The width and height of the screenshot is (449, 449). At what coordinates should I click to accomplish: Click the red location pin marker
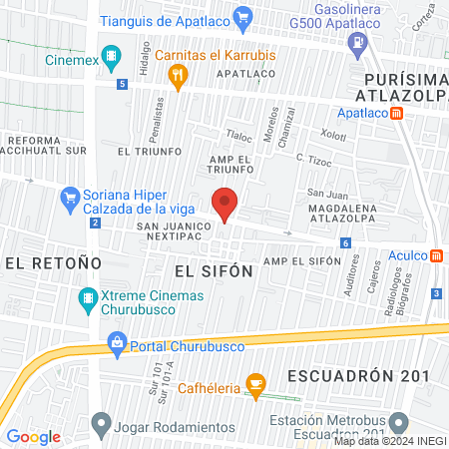point(225,204)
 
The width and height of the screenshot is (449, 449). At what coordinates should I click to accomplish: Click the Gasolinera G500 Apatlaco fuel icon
point(356,42)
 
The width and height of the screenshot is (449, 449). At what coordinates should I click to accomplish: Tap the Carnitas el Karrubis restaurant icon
point(178,74)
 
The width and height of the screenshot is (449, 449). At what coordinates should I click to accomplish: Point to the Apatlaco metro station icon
point(398,114)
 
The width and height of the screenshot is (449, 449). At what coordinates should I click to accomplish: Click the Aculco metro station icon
point(437,255)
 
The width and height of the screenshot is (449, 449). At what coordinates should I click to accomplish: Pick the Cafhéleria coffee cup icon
point(255,383)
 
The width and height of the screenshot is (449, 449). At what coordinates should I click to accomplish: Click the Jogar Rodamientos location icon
point(100,424)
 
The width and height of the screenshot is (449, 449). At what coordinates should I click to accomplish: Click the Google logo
point(33,436)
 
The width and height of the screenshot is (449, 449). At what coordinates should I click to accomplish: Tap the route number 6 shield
point(345,242)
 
